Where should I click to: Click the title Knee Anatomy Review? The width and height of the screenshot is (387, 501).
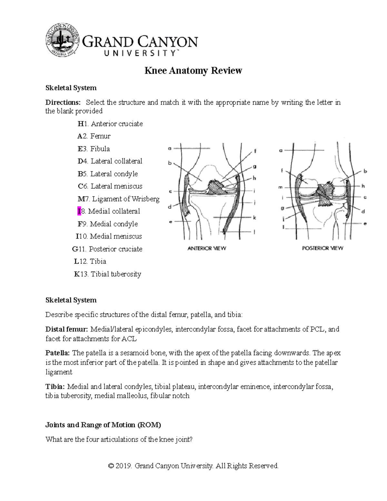pos(193,71)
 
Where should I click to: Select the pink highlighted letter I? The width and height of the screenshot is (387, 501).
pos(79,211)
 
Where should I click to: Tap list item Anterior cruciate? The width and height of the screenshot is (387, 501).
pos(116,124)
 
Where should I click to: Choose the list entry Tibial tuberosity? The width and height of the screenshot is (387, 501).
pos(115,274)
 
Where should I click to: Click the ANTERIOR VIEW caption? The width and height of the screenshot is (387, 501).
pos(207,248)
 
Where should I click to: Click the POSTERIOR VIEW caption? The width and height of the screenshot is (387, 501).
pos(322,248)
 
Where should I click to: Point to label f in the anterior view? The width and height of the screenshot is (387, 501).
pos(255,151)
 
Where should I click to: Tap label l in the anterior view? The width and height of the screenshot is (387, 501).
pos(254,232)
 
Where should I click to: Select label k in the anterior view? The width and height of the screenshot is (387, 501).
pos(254,218)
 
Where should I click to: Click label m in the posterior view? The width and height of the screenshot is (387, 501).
pos(280,187)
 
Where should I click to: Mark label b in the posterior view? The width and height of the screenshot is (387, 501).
pos(365,172)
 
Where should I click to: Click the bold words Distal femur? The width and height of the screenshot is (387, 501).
pos(66,329)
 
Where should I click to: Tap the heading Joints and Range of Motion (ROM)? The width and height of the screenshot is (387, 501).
pos(103,425)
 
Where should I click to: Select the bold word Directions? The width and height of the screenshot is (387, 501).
pos(63,103)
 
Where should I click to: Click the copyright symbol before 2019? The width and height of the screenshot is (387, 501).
pos(111,466)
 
